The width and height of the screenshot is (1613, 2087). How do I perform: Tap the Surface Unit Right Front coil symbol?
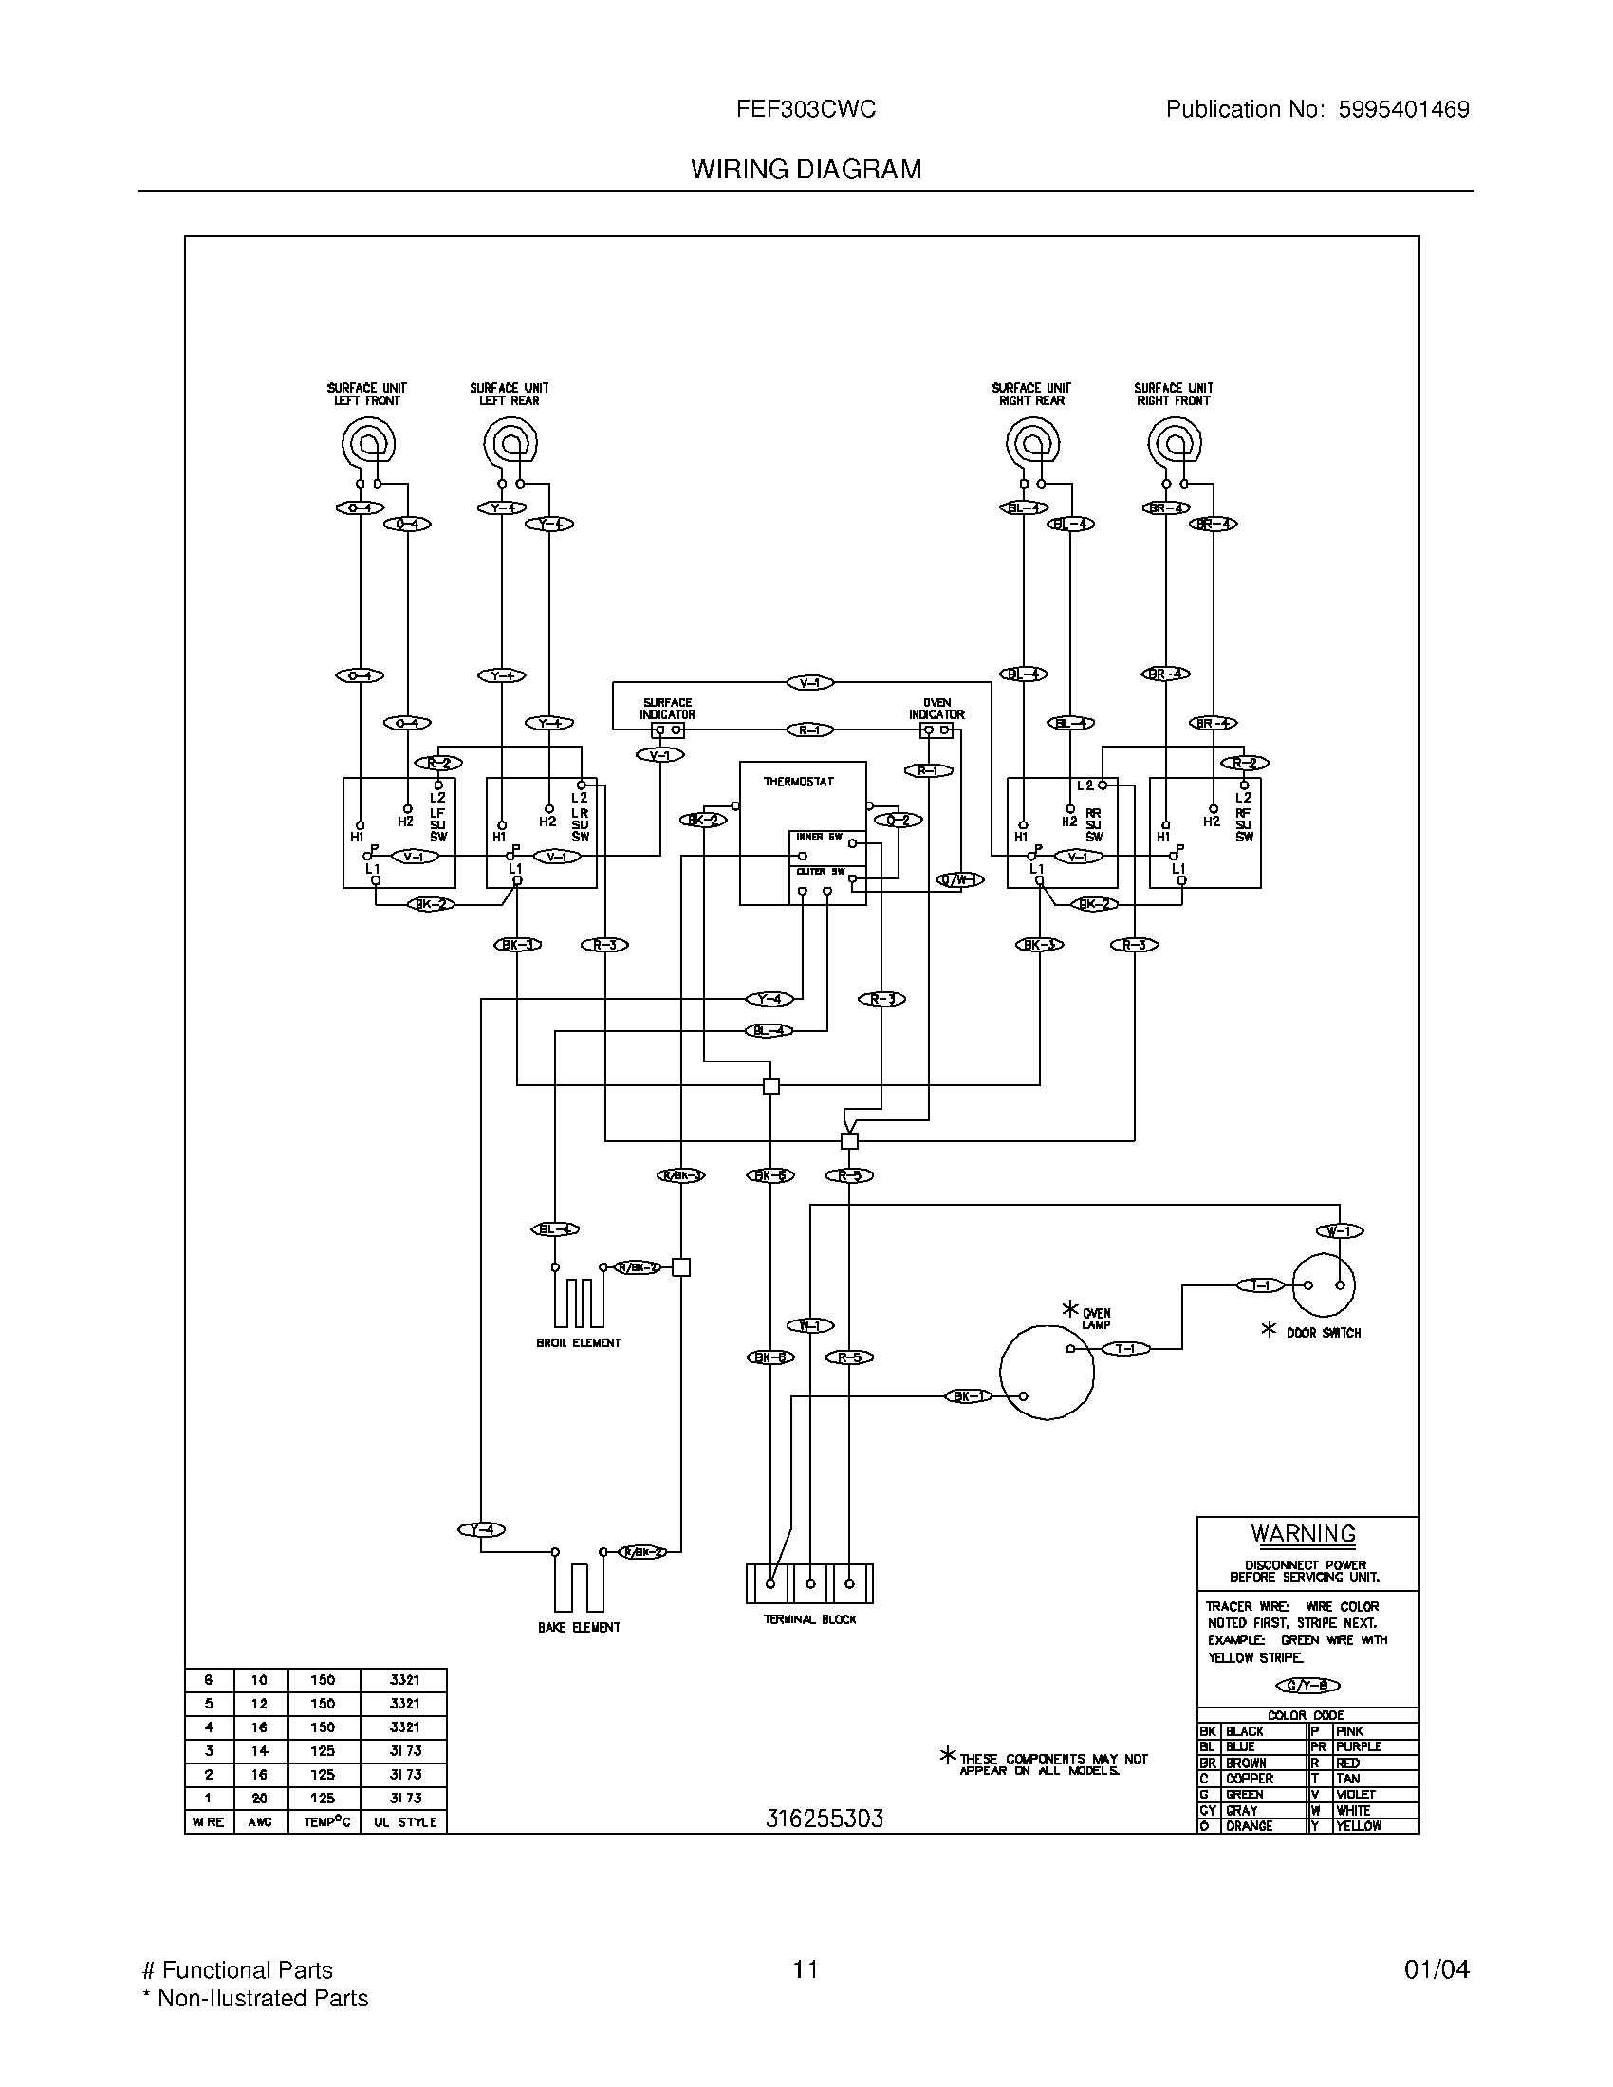(x=1175, y=442)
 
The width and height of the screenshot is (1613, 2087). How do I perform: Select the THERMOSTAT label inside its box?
(x=798, y=782)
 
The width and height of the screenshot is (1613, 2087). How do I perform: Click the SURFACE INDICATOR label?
(x=667, y=708)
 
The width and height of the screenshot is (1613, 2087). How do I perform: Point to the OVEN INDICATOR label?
(x=936, y=708)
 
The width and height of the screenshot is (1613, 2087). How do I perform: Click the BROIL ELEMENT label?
(x=579, y=1342)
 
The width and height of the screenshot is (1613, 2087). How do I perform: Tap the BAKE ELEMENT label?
(x=579, y=1627)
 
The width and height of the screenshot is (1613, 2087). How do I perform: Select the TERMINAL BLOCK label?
(x=809, y=1619)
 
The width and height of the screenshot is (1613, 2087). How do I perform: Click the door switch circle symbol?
(x=1324, y=1285)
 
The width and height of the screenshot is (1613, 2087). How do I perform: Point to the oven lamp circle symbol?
(x=1047, y=1373)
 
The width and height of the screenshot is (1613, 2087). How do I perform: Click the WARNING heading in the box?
(x=1304, y=1534)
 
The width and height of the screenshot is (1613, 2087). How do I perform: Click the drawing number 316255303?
(x=824, y=1819)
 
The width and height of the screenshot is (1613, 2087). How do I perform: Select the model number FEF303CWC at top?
(x=806, y=110)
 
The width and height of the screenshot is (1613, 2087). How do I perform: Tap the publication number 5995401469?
(x=1402, y=110)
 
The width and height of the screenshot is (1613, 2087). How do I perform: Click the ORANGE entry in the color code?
(x=1249, y=1826)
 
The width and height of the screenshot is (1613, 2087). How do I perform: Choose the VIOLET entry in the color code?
(x=1356, y=1795)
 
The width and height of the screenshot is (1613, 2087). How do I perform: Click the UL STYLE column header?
(x=404, y=1822)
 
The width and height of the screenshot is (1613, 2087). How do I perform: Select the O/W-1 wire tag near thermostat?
(x=960, y=880)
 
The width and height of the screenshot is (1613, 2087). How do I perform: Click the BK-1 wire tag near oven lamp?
(x=969, y=1396)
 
